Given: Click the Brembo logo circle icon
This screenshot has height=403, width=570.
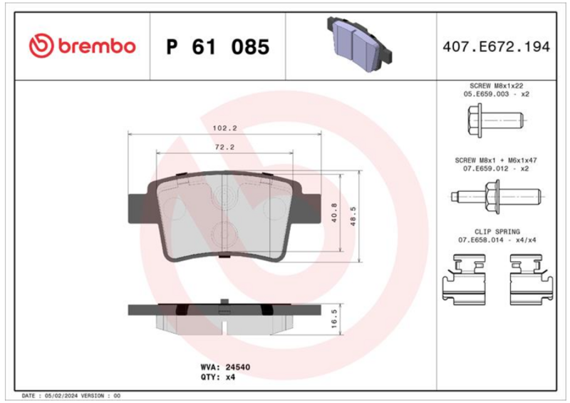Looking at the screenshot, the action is point(41,46).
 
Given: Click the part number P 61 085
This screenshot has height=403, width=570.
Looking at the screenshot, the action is point(218,47).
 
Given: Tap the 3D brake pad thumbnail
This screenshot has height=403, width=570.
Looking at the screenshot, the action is point(360,44).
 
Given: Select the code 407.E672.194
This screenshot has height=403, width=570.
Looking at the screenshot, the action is point(496,47).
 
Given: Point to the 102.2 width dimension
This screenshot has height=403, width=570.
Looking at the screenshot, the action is point(224,128).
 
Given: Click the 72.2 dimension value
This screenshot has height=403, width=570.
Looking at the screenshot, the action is point(224,147).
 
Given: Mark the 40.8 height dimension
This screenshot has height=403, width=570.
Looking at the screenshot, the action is point(334,213).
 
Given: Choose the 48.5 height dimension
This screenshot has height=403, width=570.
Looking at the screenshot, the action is point(353,216).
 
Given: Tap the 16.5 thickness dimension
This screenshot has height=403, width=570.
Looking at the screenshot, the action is point(334,319).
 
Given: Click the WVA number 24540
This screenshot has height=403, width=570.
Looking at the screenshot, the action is point(238,367).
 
